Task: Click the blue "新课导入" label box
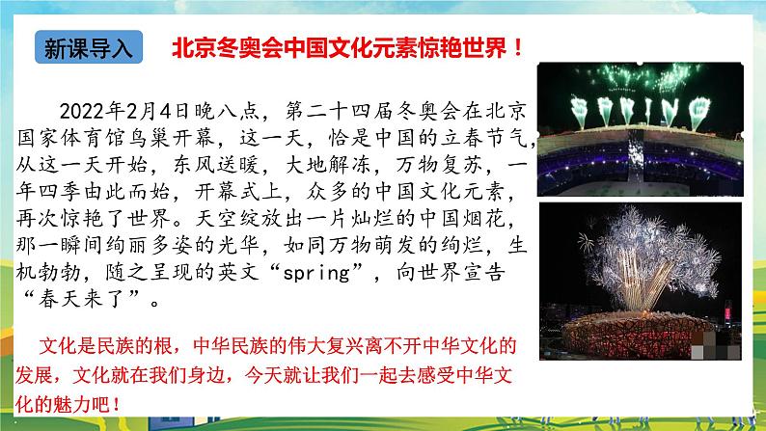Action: [x=89, y=47]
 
